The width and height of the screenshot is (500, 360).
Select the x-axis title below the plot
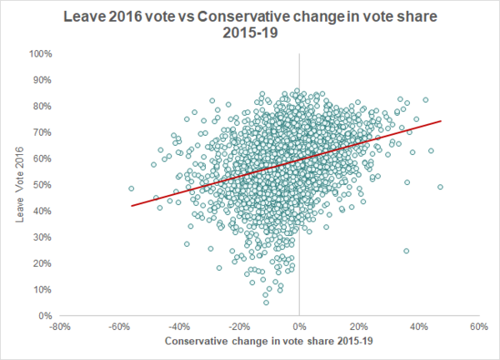point(263,342)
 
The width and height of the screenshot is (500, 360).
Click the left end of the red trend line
point(132,205)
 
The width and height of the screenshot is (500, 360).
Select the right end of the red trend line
point(441,121)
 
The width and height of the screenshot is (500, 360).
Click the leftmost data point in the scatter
point(131,188)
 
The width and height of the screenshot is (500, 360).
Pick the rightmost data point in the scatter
point(440,187)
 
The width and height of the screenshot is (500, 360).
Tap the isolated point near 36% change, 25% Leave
point(407,251)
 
